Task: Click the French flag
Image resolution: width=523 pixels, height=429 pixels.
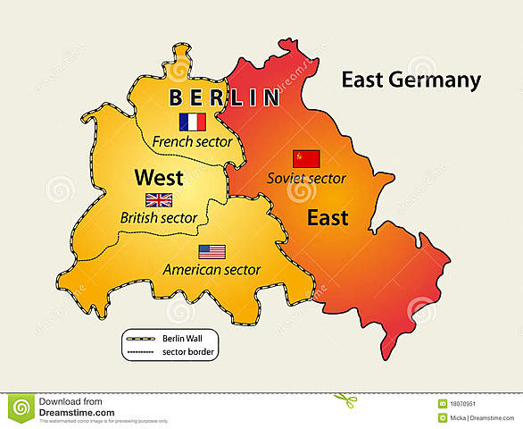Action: [x=192, y=122]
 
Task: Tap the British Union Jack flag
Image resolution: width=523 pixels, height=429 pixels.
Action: [x=160, y=200]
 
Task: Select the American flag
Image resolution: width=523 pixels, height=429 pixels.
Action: [x=212, y=251]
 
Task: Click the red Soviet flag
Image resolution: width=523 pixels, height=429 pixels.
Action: [x=306, y=159]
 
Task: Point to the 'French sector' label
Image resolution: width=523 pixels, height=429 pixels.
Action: [x=192, y=141]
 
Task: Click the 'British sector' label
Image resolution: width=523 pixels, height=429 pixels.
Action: [x=159, y=217]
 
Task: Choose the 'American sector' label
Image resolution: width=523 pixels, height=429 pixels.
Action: [x=212, y=269]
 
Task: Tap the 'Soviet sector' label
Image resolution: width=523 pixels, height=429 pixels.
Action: [x=306, y=178]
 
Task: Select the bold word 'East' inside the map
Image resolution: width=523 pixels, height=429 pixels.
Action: [x=328, y=217]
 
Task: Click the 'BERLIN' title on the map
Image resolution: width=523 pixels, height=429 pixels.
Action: [x=224, y=97]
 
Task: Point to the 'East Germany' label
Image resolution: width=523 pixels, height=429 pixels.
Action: [x=411, y=80]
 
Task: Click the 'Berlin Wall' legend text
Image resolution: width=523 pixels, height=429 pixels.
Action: [x=183, y=339]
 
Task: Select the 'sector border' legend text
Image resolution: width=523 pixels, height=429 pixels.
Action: [x=186, y=352]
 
